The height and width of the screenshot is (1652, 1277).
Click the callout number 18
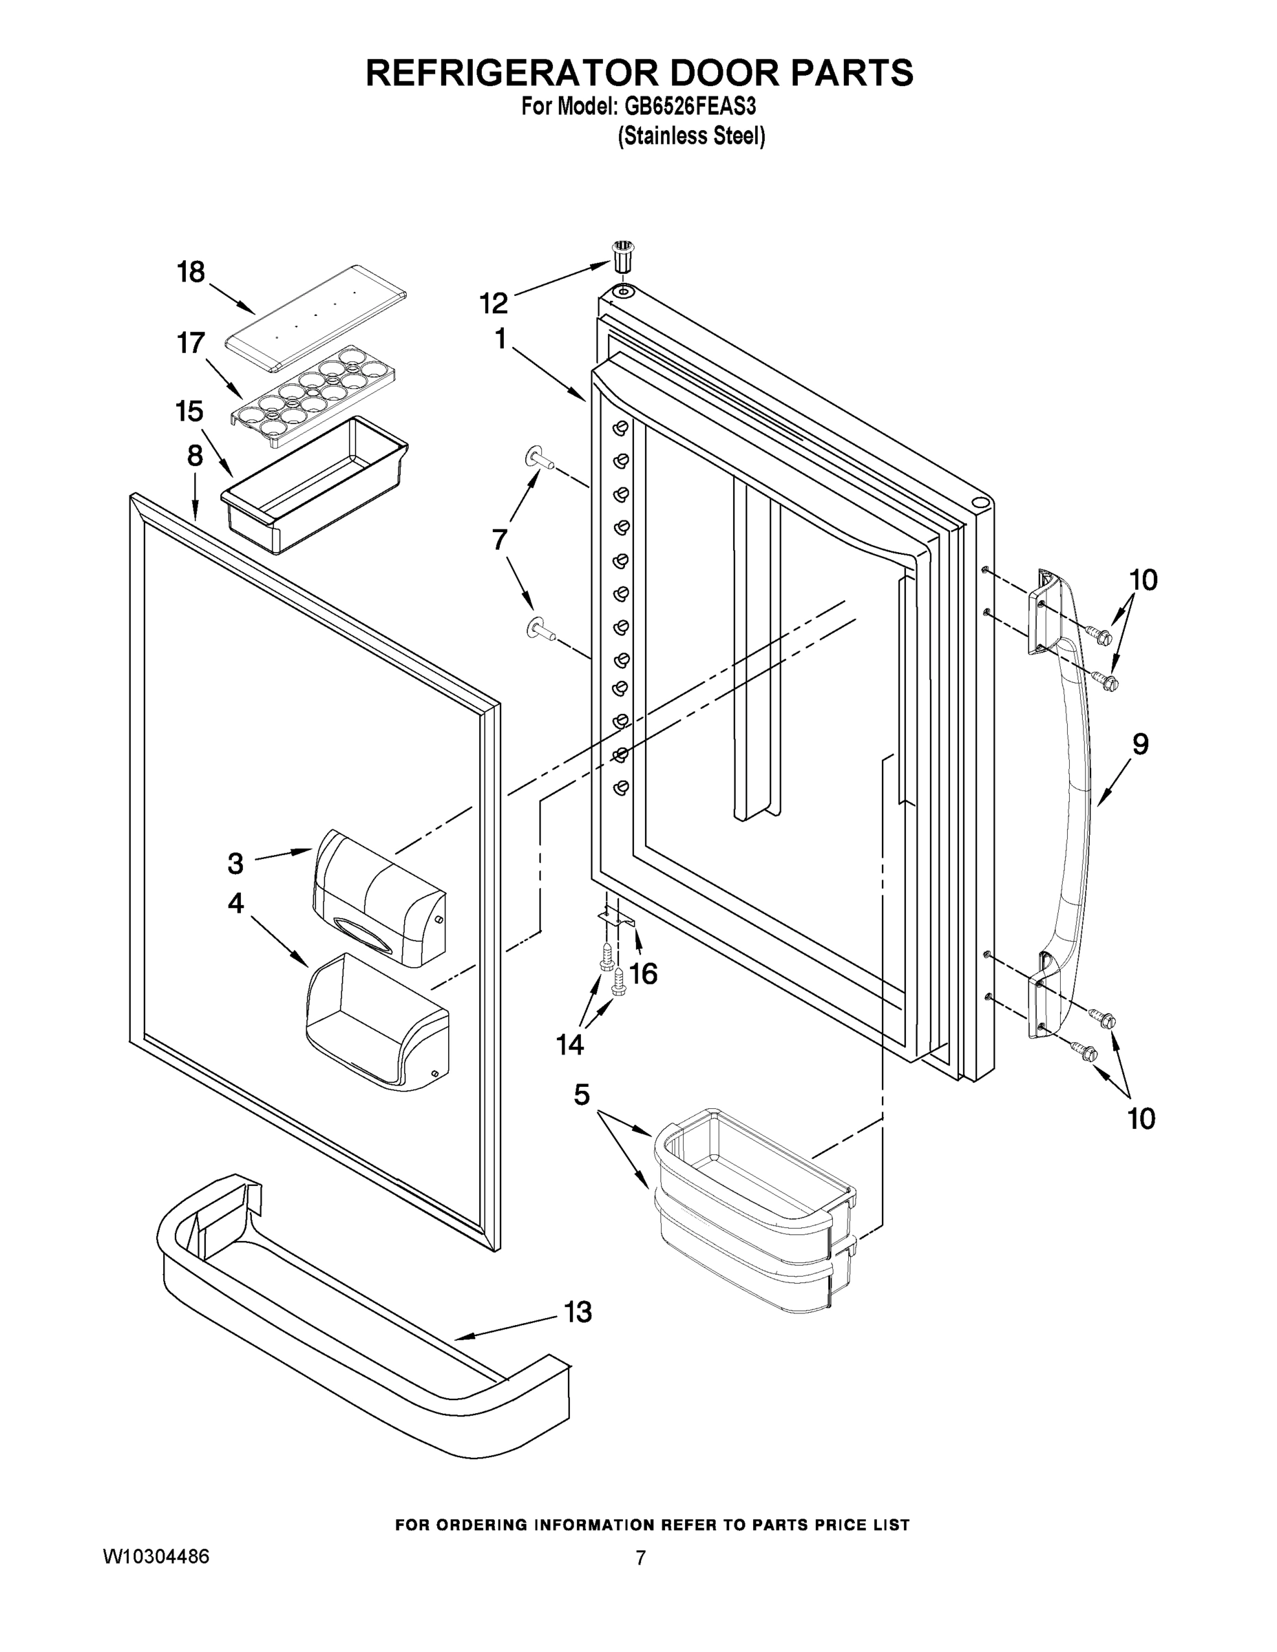(x=191, y=272)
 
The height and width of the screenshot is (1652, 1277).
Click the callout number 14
(x=569, y=1046)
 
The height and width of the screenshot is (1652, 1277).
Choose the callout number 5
(x=581, y=1094)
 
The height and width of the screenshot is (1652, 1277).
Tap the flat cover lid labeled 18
(x=316, y=318)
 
